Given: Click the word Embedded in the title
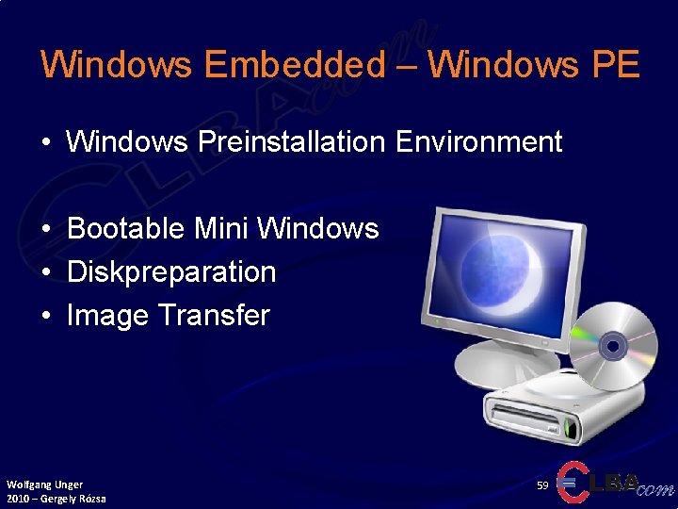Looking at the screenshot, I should pyautogui.click(x=294, y=65).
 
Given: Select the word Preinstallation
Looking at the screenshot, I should pyautogui.click(x=292, y=142).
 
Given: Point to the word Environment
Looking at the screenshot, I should pyautogui.click(x=478, y=142).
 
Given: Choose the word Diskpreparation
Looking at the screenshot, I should pyautogui.click(x=171, y=272).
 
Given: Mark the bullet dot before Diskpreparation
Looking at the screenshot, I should pyautogui.click(x=46, y=273).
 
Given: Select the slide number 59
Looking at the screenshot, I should pyautogui.click(x=542, y=484).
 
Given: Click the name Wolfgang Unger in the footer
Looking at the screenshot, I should pyautogui.click(x=44, y=484).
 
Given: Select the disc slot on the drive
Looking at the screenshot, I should pyautogui.click(x=533, y=416).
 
